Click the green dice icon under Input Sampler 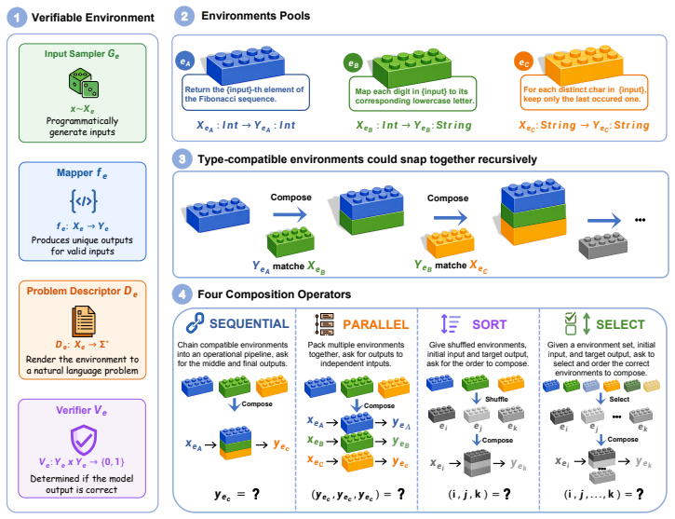tap(84, 83)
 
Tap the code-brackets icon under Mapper tap(83, 200)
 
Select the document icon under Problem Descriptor tap(84, 321)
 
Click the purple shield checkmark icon tap(84, 440)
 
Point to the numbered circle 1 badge tap(17, 18)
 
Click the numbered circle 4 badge tap(182, 294)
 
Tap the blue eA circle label tap(185, 61)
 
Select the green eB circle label tap(353, 63)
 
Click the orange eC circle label tap(523, 62)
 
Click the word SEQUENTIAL tap(250, 324)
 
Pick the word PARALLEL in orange tap(375, 324)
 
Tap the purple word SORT tap(490, 324)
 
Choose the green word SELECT tap(620, 324)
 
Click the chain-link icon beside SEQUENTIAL tap(195, 323)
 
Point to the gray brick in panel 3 tap(602, 245)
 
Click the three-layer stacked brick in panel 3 tap(533, 212)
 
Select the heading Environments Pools tap(256, 16)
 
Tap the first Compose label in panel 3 tap(291, 198)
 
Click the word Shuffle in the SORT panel tap(497, 399)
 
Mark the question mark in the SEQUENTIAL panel tap(256, 494)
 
